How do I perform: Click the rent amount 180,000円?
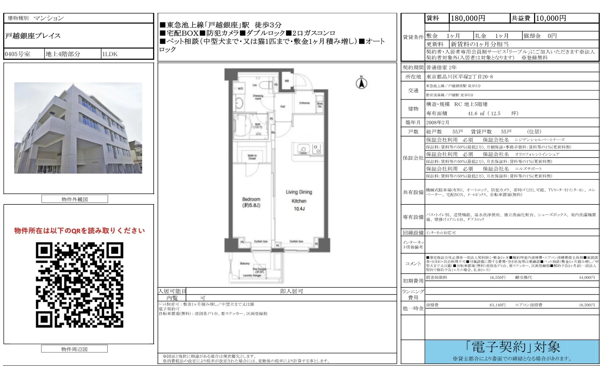[x=468, y=18]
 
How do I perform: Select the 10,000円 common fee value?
[x=551, y=18]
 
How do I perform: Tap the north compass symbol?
[x=361, y=83]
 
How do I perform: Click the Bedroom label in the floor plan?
[x=251, y=202]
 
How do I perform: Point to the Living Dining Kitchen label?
[x=299, y=200]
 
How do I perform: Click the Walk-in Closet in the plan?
[x=252, y=157]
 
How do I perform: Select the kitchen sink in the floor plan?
[x=303, y=149]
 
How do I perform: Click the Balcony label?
[x=245, y=263]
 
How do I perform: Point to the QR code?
[x=80, y=285]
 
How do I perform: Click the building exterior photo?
[x=78, y=128]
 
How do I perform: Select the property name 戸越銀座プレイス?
[x=33, y=36]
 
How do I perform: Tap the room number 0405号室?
[x=18, y=54]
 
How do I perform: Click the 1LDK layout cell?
[x=110, y=54]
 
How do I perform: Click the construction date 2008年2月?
[x=437, y=122]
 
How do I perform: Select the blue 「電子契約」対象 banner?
[x=512, y=351]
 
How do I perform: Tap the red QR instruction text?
[x=79, y=231]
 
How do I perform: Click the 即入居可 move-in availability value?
[x=291, y=291]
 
